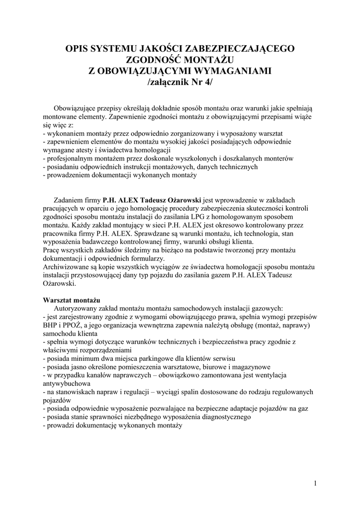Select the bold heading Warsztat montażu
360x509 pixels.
click(x=72, y=300)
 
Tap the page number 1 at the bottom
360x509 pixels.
click(x=316, y=483)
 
